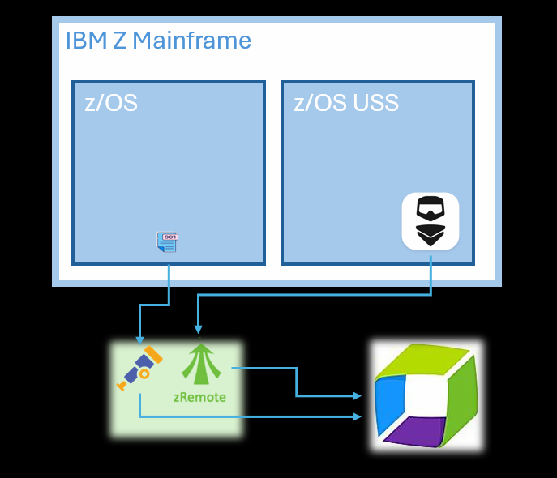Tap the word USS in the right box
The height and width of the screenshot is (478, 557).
pos(370,103)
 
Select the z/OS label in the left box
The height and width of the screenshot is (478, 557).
pos(111,103)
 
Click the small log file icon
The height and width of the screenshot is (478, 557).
pos(168,241)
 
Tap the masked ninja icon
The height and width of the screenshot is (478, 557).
pos(431,221)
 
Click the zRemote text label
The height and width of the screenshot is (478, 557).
pos(200,398)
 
